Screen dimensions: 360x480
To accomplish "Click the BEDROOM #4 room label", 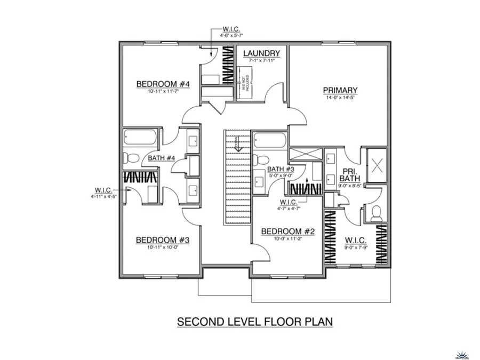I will pos(163,84).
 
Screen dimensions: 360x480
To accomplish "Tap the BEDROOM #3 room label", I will pos(163,239).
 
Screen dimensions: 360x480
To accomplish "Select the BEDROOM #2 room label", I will pos(288,231).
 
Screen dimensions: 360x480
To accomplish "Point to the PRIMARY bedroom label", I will pos(340,90).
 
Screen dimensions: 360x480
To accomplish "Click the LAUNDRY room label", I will pos(261,53).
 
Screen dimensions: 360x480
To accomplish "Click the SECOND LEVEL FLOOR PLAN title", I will pos(255,322).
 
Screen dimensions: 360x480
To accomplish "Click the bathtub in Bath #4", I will pos(140,138).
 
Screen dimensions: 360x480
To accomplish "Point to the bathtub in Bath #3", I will pos(270,141).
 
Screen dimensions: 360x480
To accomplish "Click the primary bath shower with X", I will pos(378,165).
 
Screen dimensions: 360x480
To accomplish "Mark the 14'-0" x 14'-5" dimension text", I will pos(340,98).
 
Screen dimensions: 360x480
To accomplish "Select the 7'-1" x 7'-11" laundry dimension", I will pos(261,61).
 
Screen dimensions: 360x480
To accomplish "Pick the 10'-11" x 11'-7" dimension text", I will pos(163,91).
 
